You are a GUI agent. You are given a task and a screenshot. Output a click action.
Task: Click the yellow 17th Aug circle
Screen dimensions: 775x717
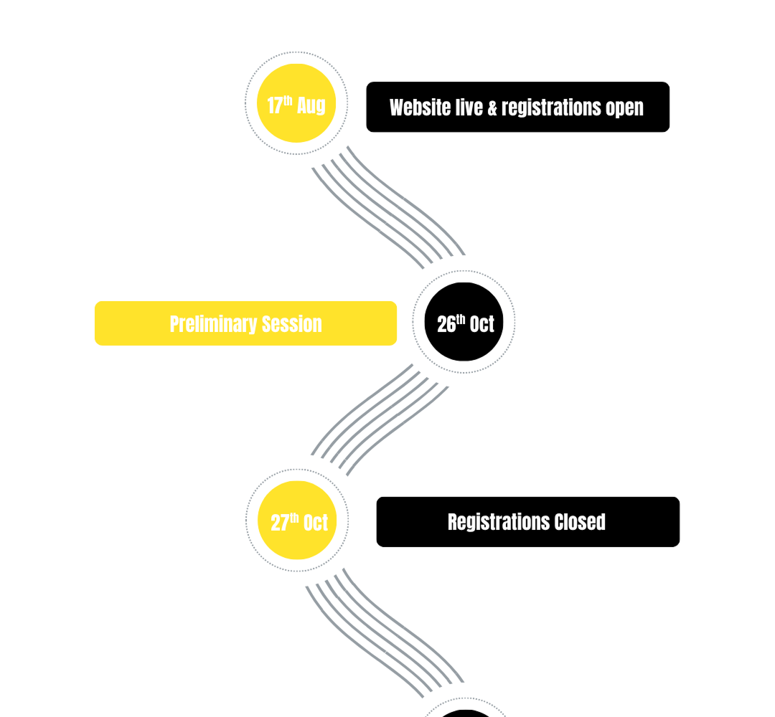(x=296, y=103)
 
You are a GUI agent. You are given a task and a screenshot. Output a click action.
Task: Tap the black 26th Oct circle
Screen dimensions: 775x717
(x=464, y=322)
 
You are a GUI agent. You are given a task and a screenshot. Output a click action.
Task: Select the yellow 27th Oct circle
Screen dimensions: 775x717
(x=297, y=520)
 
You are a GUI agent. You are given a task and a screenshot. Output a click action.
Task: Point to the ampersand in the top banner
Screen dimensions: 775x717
(x=492, y=108)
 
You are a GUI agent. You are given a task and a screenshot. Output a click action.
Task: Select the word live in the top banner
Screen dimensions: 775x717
(x=469, y=108)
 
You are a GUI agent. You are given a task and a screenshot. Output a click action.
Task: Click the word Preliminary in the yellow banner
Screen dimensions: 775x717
(x=213, y=325)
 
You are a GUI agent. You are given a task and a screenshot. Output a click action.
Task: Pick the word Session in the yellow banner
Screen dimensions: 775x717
(x=291, y=324)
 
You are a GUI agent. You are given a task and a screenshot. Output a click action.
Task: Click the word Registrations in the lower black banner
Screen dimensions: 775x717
(x=499, y=523)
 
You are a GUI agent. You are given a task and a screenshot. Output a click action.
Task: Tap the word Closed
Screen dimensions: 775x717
(x=580, y=522)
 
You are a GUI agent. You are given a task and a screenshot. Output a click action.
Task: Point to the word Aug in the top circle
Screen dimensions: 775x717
(x=311, y=105)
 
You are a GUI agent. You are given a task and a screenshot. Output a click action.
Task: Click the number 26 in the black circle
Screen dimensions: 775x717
(x=446, y=324)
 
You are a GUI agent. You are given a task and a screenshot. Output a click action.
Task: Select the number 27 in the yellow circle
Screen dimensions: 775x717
(x=280, y=523)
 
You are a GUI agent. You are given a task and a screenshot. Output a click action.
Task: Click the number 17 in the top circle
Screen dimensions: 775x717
(x=274, y=105)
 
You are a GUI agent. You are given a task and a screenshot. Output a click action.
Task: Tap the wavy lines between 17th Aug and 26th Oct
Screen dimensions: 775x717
(x=388, y=207)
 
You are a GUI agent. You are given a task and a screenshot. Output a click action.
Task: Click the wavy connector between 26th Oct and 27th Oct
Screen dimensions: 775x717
(x=380, y=419)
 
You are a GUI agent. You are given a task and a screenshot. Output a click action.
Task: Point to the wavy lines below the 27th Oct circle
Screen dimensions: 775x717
(x=385, y=633)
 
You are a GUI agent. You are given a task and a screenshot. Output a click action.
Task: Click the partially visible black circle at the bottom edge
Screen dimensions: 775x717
(x=464, y=713)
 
